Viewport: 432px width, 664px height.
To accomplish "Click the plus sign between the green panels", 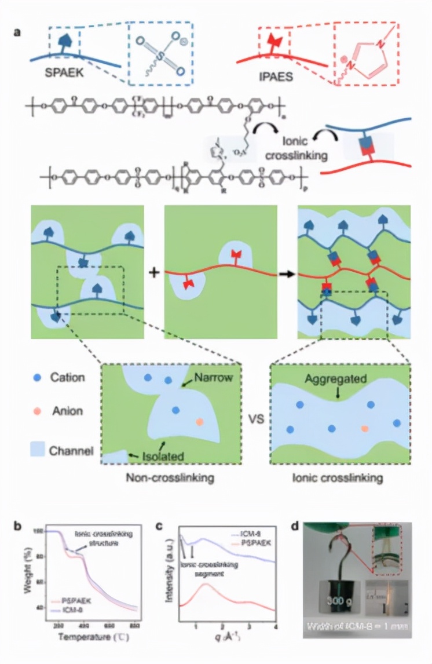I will click(154, 273).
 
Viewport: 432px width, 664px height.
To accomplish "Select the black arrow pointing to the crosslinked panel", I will click(285, 273).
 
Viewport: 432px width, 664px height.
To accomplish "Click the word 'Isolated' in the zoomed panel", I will click(163, 457).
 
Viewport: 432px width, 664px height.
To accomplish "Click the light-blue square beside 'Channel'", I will click(38, 447).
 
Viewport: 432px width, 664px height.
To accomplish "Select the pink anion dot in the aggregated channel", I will click(364, 429).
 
